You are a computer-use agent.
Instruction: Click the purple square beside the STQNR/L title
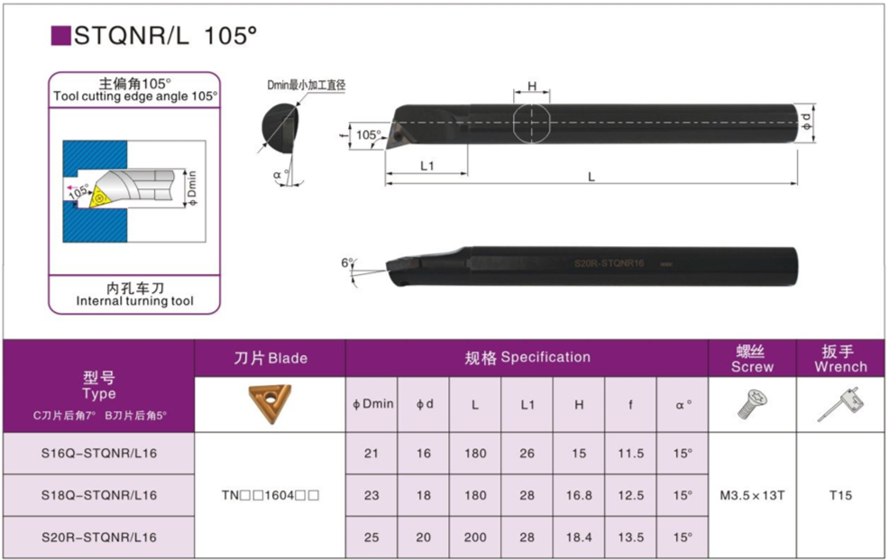(x=60, y=35)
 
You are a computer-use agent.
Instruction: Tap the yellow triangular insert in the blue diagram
(x=100, y=196)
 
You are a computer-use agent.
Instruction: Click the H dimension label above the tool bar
(x=532, y=87)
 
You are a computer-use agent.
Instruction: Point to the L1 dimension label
(x=427, y=166)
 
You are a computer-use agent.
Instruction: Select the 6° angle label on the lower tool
(x=347, y=262)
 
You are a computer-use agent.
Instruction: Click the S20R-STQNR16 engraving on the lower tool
(x=609, y=263)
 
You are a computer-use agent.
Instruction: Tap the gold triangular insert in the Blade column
(x=270, y=403)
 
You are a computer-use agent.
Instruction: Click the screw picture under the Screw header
(x=752, y=404)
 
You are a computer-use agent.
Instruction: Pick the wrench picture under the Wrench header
(x=840, y=404)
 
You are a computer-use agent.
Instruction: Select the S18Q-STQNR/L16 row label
(x=98, y=495)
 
